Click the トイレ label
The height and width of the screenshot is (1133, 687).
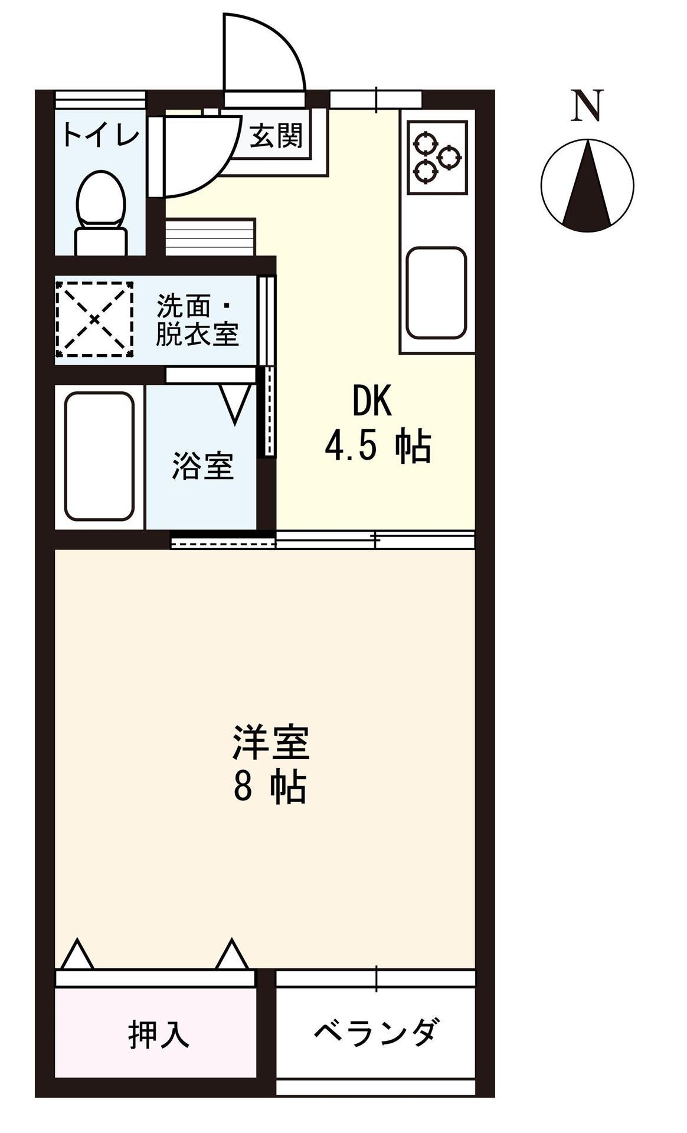coord(101,135)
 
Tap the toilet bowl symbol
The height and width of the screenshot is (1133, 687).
coord(101,201)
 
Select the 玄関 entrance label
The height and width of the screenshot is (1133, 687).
coord(276,136)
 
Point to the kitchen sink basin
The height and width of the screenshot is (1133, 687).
coord(437,293)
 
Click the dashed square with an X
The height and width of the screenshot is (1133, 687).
coord(95,319)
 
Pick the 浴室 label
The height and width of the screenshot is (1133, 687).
coord(203,466)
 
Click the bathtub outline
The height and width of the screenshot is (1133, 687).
coord(99,456)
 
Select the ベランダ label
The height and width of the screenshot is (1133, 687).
coord(376,1033)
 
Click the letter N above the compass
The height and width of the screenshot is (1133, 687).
coord(587,106)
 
